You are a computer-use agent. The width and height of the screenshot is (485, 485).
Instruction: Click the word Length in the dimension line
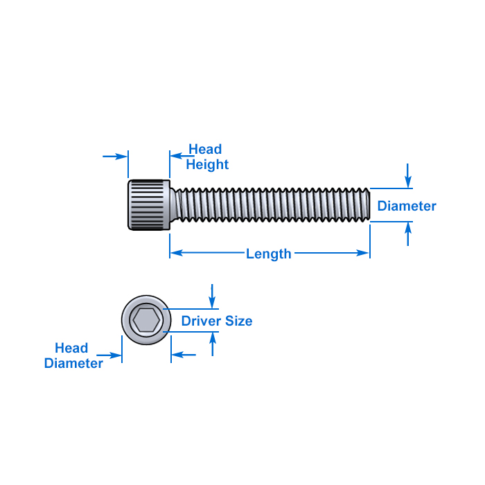(269, 254)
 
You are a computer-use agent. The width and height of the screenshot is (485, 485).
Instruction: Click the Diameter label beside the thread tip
(407, 206)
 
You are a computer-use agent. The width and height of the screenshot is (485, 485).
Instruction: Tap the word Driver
(201, 321)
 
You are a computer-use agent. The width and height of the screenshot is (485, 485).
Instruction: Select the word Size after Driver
(238, 321)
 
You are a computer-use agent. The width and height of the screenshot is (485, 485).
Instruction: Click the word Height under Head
(207, 165)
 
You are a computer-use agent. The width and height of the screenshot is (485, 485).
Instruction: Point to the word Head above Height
(205, 149)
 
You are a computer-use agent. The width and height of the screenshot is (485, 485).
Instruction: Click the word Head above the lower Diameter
(71, 348)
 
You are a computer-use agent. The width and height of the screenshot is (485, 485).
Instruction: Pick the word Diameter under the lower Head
(73, 363)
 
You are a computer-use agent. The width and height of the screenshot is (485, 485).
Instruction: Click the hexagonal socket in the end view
(146, 320)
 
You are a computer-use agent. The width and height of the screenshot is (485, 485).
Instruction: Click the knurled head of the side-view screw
(149, 205)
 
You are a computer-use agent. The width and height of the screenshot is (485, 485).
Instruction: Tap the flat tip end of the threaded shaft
(369, 205)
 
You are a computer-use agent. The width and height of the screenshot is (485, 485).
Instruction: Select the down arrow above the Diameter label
(408, 175)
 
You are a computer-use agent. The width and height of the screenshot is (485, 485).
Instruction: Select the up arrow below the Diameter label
(408, 234)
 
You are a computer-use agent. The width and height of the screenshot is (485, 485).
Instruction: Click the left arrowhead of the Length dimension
(177, 253)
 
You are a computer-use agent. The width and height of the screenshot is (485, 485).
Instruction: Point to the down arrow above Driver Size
(212, 296)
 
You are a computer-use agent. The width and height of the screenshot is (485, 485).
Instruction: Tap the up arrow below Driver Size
(213, 344)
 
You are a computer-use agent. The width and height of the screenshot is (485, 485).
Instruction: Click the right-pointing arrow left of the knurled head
(115, 157)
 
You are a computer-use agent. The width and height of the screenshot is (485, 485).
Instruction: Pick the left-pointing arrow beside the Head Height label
(182, 156)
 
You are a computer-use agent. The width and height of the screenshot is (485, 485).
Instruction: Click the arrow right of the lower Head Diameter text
(109, 355)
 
